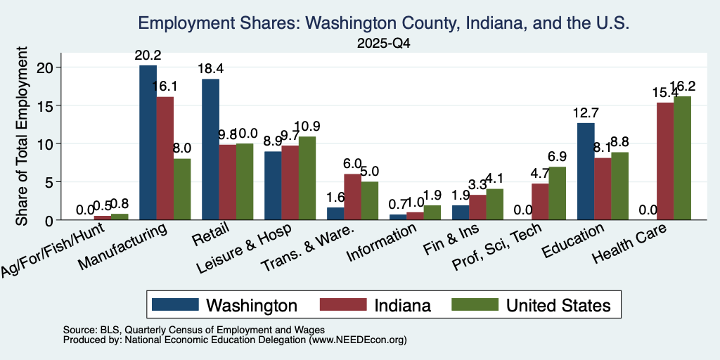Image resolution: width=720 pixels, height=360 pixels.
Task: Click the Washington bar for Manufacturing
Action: tap(148, 142)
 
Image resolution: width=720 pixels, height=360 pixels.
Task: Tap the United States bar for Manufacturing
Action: tap(182, 189)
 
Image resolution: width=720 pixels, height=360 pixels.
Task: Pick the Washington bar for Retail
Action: tap(211, 149)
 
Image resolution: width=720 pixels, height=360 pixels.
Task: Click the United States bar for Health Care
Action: tap(682, 158)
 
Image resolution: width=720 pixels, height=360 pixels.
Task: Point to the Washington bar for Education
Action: tap(586, 172)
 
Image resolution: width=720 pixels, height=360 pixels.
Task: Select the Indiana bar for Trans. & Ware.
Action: tap(353, 197)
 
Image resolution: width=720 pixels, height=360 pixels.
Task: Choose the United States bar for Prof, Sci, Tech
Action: tap(557, 193)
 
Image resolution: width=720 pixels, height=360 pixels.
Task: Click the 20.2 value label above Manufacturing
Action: tap(148, 56)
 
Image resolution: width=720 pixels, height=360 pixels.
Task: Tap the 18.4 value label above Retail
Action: tap(211, 70)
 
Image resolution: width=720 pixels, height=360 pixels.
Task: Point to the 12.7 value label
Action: tap(586, 113)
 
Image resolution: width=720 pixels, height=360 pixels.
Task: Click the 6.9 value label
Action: tap(557, 157)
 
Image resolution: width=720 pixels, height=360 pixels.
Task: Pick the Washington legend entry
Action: tap(224, 305)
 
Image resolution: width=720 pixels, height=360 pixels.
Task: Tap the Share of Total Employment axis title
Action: tap(22, 136)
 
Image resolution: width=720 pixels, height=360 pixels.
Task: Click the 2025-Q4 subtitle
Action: tap(384, 44)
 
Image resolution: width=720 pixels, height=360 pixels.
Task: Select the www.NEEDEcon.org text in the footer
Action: tap(358, 340)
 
